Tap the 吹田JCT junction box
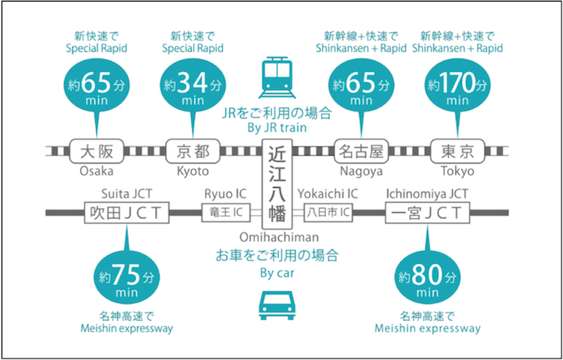(126, 212)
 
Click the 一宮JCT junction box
(427, 212)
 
